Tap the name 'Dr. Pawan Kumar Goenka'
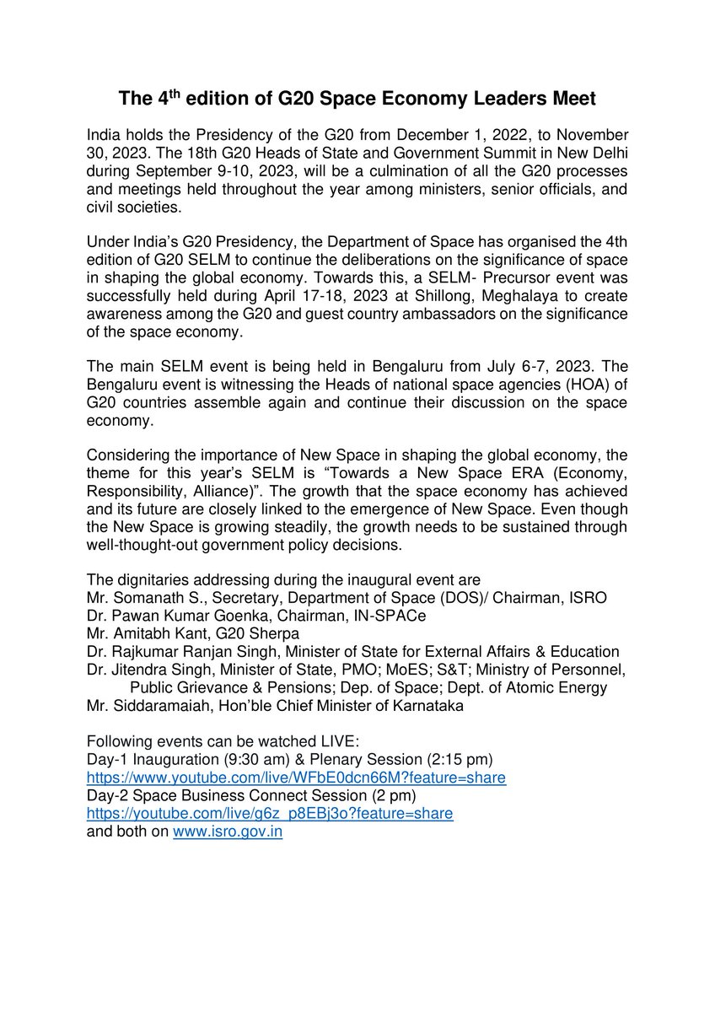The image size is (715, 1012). click(163, 616)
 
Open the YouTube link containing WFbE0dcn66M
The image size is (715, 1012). click(297, 778)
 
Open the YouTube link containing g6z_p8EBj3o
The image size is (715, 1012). click(271, 814)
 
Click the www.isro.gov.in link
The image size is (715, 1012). click(227, 832)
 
